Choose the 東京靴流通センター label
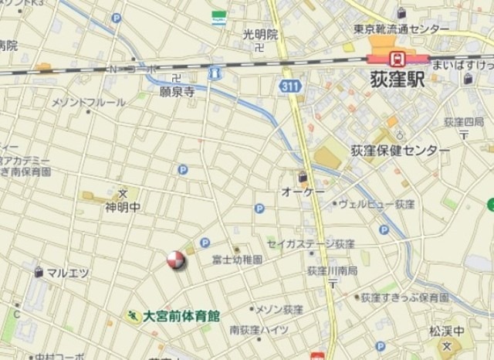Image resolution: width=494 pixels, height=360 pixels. click(x=401, y=29)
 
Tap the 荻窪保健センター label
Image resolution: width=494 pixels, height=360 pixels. click(x=399, y=150)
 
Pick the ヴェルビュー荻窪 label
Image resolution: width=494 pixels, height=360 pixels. click(x=377, y=205)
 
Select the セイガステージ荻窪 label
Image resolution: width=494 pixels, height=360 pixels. click(x=311, y=243)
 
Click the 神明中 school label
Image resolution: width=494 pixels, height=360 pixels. click(x=123, y=206)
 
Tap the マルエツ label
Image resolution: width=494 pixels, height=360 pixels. click(x=67, y=273)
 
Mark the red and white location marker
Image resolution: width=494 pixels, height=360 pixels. click(x=176, y=261)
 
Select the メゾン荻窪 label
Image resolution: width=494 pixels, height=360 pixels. click(x=279, y=310)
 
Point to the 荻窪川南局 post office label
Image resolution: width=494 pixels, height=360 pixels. click(x=332, y=270)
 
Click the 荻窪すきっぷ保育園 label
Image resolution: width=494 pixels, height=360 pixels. click(x=404, y=297)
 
